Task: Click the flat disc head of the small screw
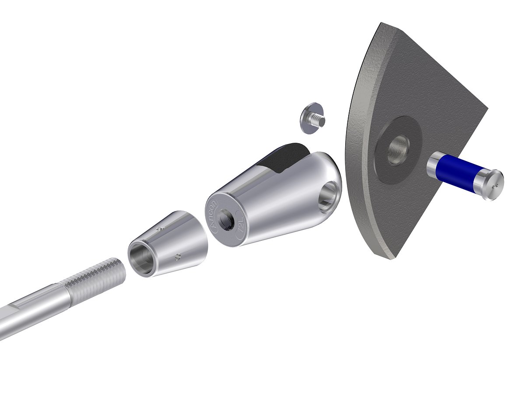pos(308,117)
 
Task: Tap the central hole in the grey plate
pos(398,149)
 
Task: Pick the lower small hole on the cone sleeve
pos(178,257)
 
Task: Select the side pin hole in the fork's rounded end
pos(331,194)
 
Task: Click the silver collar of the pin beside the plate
pos(432,167)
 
